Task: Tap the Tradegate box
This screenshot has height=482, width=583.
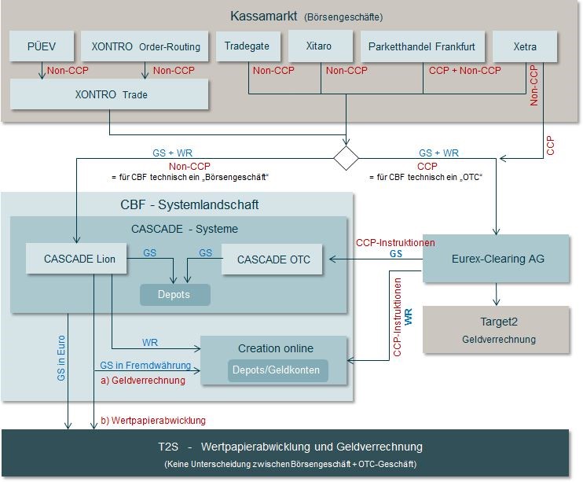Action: [247, 46]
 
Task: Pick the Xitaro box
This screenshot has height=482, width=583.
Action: [320, 46]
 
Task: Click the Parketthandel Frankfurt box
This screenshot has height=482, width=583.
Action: [422, 46]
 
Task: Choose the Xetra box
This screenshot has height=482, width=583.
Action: [525, 46]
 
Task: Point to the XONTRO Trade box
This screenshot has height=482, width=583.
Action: [109, 94]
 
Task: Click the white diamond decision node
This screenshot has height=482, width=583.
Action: [346, 156]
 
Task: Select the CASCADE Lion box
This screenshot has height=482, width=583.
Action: [75, 259]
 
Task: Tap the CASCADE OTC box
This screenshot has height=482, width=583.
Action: [273, 259]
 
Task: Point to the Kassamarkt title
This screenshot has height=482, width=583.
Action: [306, 16]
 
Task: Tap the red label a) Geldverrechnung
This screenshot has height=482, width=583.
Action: [143, 381]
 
